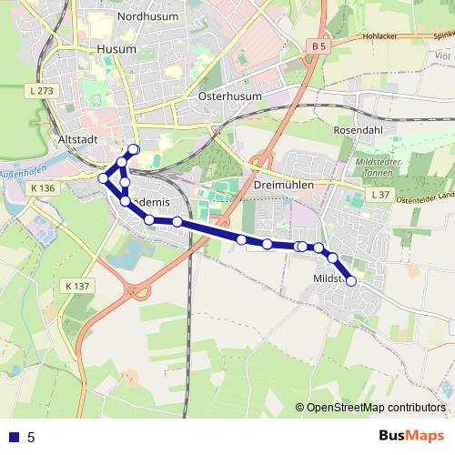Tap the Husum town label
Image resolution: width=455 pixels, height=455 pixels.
116,47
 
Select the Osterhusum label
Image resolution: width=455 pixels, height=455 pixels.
229,96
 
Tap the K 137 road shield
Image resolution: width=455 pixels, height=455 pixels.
78,286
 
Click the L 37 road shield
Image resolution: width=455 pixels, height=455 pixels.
380,196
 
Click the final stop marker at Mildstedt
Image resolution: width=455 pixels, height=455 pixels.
351,280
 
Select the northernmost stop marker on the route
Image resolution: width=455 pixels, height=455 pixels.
134,149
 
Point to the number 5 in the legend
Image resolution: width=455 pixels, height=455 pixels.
32,437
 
